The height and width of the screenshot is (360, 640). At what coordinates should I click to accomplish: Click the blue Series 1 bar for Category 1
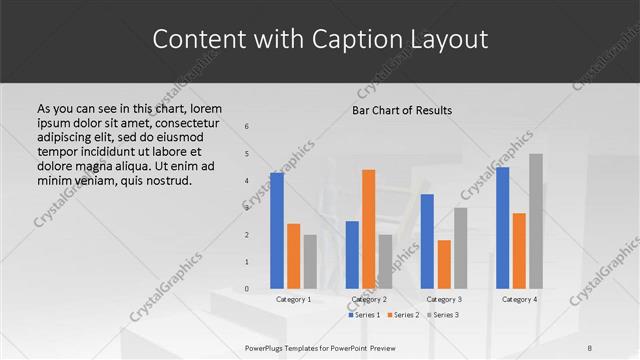click(x=277, y=230)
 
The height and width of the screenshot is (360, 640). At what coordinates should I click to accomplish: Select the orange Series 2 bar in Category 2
click(x=368, y=229)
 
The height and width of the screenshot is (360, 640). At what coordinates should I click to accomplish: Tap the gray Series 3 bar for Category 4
click(x=536, y=221)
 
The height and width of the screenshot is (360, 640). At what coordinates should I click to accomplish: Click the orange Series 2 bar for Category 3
click(x=444, y=264)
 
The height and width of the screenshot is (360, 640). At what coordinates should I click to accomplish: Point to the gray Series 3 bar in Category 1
click(x=310, y=261)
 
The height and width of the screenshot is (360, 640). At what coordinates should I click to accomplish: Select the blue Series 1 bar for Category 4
click(x=502, y=227)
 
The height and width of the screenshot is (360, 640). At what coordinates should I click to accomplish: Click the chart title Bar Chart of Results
click(x=402, y=109)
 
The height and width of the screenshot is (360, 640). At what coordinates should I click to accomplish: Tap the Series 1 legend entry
click(x=365, y=315)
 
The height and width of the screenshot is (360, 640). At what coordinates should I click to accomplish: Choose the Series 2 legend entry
click(x=402, y=315)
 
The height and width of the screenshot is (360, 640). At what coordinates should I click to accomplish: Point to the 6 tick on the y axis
click(x=247, y=126)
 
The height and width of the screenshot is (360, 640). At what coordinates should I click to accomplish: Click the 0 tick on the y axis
click(x=247, y=288)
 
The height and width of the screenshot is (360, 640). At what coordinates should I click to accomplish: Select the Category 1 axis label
click(x=293, y=299)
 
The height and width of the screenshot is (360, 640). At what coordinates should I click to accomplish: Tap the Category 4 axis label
click(x=519, y=299)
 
